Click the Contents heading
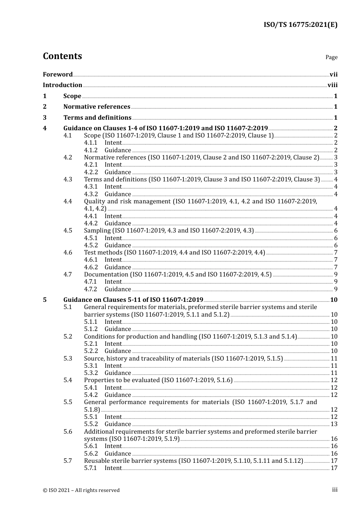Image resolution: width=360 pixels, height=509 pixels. pos(62,56)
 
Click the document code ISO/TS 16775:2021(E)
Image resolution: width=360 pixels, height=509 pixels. pos(300,25)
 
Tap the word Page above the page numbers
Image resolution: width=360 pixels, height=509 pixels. pos(331,57)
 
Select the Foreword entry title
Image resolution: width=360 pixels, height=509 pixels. pos(58,74)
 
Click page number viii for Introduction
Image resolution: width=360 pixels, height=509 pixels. pos(332,85)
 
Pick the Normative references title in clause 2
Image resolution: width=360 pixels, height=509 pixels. pos(97,107)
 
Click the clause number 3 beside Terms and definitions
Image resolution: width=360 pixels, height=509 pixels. pos(45,118)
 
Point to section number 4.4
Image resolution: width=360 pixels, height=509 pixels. pos(67,201)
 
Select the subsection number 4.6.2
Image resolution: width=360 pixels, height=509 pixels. pos(91,267)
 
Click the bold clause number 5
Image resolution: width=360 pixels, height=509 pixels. pos(45,300)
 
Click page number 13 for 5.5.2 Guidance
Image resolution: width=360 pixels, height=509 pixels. pos(334,424)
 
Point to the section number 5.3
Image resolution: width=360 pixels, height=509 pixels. pos(67,359)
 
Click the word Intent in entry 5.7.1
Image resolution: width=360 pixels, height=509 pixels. pos(113,468)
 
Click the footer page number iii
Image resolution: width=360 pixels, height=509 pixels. pos(335,490)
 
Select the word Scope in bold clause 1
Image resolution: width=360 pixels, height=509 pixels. pos(72,96)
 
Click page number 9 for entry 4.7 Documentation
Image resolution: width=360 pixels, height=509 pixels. pos(336,275)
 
